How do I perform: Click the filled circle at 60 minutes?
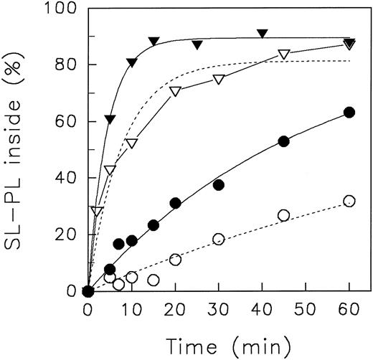(x=349, y=112)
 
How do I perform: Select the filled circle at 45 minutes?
(x=283, y=141)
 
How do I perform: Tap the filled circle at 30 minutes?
(x=219, y=185)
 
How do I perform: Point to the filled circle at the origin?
(x=88, y=291)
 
